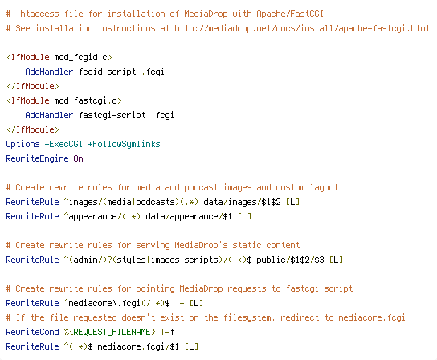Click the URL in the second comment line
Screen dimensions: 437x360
(x=302, y=28)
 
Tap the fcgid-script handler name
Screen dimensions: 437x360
(x=108, y=72)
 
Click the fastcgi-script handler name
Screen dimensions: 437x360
(x=112, y=115)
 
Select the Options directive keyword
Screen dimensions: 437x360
(x=22, y=144)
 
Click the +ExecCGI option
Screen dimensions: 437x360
(x=63, y=144)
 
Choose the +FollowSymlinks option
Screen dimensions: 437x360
(x=124, y=144)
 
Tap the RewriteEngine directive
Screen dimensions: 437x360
(x=37, y=158)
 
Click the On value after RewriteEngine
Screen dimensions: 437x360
(x=78, y=158)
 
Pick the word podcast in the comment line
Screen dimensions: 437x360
(x=201, y=188)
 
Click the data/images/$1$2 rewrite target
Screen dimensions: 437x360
(x=242, y=202)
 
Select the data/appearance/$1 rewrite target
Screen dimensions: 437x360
(x=189, y=216)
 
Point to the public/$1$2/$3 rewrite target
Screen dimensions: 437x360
(x=290, y=260)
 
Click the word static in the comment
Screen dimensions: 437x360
(x=247, y=245)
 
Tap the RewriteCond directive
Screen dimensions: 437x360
(x=33, y=332)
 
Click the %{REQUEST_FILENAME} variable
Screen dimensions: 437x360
(x=109, y=332)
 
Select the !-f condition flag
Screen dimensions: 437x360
(x=168, y=332)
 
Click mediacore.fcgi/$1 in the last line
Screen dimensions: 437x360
(x=138, y=346)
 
